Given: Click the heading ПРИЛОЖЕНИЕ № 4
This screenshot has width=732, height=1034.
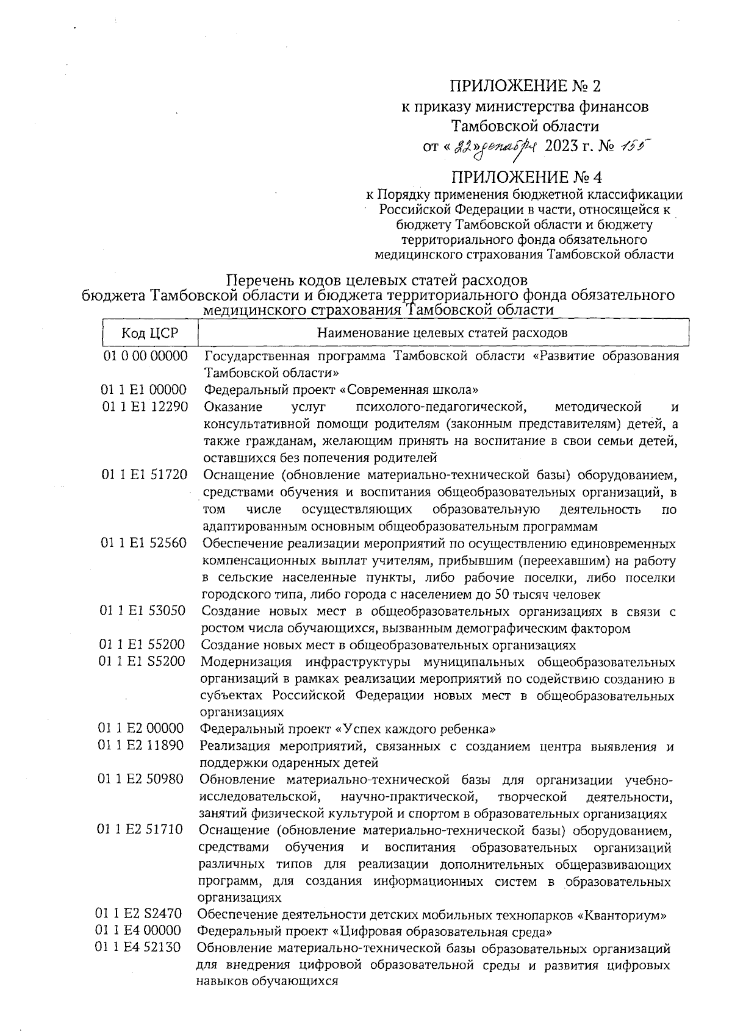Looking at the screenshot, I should [x=525, y=177].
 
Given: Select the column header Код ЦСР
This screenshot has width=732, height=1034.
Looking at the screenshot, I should [x=149, y=333].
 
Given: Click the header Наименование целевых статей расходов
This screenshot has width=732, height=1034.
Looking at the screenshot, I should [x=442, y=333].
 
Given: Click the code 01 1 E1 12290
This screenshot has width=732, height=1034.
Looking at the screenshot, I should [x=145, y=407].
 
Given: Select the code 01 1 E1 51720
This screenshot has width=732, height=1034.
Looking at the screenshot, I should [x=145, y=474].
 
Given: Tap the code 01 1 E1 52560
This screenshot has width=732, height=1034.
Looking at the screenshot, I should [x=144, y=543].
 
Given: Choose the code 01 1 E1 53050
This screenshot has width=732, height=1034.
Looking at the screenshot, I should [x=143, y=610].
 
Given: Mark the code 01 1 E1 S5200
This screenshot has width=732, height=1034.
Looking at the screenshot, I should [x=143, y=661].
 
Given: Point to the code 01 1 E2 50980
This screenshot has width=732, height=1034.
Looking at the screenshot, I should [x=141, y=779].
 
